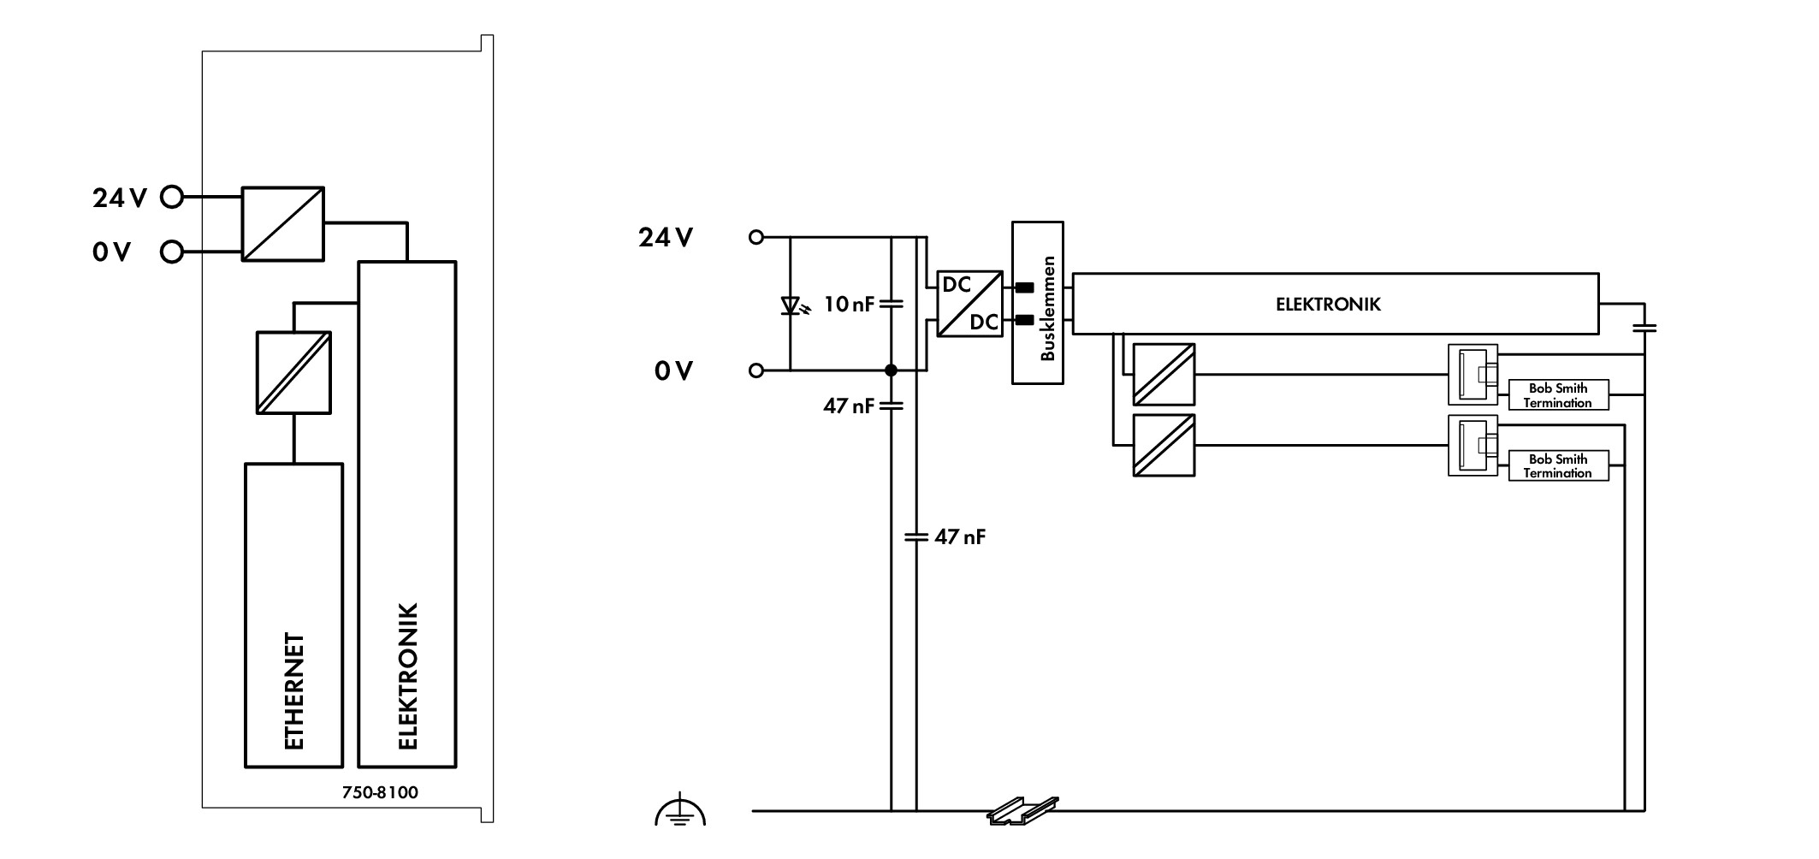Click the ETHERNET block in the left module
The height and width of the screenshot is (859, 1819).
point(293,615)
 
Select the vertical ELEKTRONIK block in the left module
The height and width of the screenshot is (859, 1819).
point(407,514)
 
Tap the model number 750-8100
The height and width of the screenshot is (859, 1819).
point(380,792)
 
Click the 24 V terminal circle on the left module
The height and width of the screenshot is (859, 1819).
point(172,198)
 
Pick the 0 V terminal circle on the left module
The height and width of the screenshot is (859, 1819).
point(172,252)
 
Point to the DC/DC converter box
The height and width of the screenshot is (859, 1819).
point(970,304)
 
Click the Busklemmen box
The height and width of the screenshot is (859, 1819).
point(1038,303)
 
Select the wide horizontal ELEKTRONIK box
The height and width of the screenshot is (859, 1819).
point(1336,303)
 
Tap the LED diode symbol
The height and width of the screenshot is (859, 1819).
point(791,305)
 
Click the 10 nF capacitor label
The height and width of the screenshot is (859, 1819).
point(849,304)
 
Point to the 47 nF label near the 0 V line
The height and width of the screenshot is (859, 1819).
point(849,406)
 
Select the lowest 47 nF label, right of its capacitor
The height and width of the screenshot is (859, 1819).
point(960,537)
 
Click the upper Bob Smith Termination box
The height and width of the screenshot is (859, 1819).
point(1558,395)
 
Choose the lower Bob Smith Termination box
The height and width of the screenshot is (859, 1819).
point(1558,465)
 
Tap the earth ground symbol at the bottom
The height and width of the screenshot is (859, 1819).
point(680,809)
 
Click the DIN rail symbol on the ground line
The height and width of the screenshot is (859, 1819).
point(1023,811)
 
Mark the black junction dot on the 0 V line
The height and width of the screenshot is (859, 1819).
point(891,370)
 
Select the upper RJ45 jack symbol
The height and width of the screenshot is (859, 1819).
point(1473,374)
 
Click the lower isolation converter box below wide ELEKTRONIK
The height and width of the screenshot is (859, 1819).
point(1164,445)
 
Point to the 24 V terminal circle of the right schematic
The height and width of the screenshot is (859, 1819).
point(755,237)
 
